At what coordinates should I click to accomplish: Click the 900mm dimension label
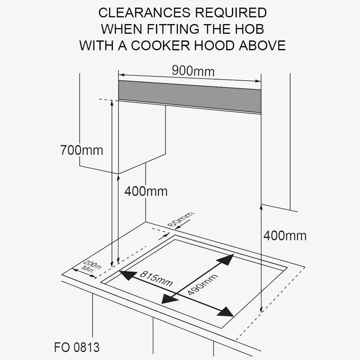point(193,71)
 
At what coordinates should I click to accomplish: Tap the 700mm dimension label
point(81,150)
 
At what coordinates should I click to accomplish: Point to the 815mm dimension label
point(156,279)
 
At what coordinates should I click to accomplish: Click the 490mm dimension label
point(202,284)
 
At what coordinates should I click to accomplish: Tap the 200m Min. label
point(91,266)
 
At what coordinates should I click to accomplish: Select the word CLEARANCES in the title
point(144,13)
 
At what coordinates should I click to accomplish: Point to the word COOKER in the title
point(161,45)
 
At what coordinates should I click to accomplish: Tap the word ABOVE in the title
point(262,45)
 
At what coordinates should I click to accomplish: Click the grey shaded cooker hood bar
point(190,96)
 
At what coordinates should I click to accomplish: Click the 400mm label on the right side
point(285,235)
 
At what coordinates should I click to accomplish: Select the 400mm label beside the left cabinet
point(146,191)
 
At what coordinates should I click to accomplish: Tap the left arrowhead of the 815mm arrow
point(126,275)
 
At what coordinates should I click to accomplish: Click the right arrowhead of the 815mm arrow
point(226,312)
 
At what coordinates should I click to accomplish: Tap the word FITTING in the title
point(173,29)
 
